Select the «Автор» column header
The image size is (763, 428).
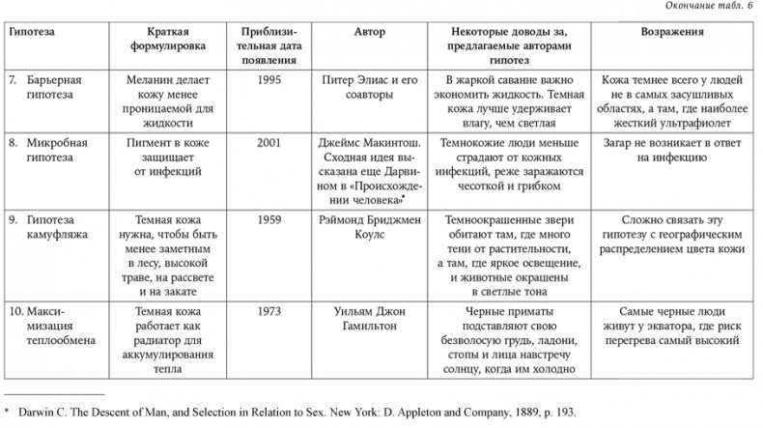point(370,32)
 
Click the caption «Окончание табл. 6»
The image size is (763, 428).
point(710,7)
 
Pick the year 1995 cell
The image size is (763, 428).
point(271,82)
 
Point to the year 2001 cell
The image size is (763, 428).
point(271,141)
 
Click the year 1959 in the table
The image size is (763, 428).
point(271,219)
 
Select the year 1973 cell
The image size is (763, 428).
point(271,312)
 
